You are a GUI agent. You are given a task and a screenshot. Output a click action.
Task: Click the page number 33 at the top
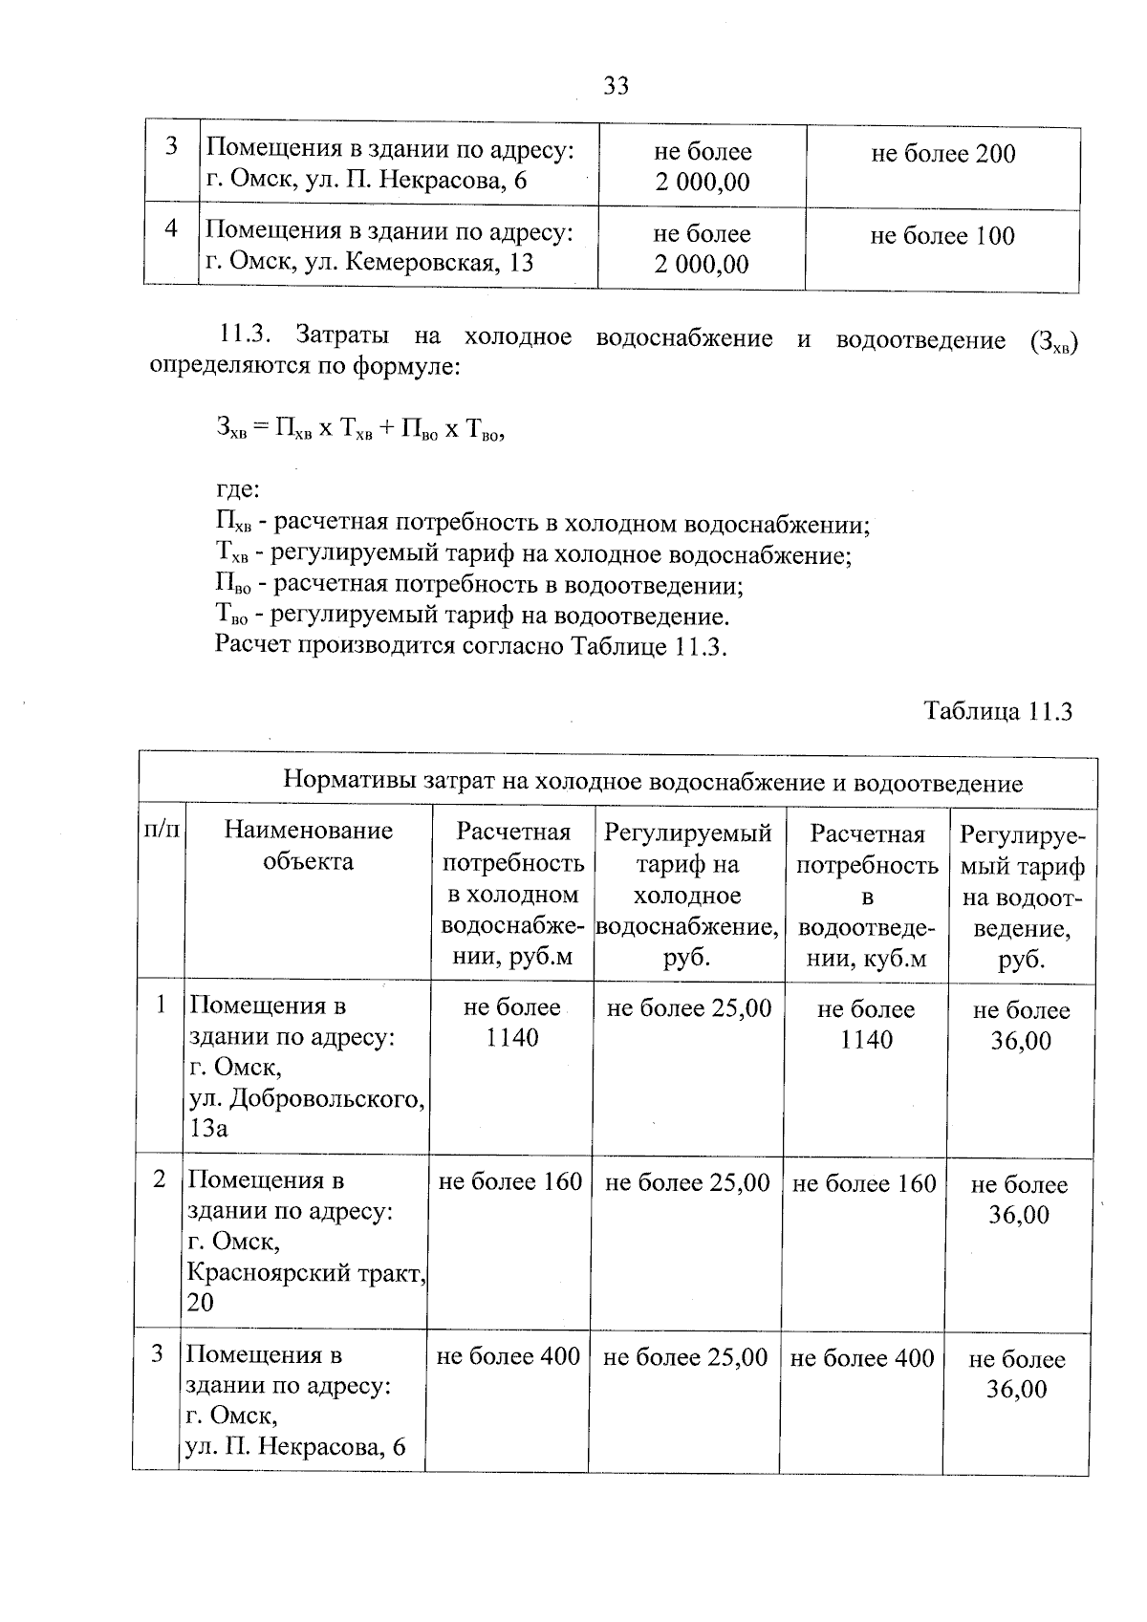tap(617, 86)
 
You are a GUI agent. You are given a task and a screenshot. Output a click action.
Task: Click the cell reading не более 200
tap(942, 154)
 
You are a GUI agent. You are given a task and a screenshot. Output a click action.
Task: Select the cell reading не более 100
tap(941, 236)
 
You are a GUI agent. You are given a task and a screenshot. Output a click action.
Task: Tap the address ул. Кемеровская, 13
tap(370, 263)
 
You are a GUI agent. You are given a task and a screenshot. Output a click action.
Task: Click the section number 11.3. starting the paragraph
tap(247, 336)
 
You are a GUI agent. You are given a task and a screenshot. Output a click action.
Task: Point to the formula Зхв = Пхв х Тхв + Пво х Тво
tap(359, 429)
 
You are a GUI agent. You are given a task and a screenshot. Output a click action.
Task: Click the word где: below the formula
tap(237, 490)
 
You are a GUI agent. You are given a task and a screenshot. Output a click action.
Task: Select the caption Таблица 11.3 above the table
tap(998, 711)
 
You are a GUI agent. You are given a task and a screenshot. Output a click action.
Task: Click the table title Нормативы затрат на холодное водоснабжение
tap(652, 784)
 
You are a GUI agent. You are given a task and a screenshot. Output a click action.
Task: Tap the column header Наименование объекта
tap(308, 846)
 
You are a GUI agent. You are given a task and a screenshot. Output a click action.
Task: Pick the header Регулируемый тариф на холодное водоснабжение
tap(687, 895)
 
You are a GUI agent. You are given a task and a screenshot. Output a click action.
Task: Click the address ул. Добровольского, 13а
tap(306, 1114)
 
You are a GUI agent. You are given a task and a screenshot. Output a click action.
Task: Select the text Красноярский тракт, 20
tap(306, 1287)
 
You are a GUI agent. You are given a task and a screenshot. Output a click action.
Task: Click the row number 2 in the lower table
tap(160, 1179)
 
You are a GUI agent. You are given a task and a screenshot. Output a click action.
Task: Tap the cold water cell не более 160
tap(509, 1182)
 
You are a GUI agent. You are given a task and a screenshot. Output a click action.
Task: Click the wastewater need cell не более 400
tap(861, 1357)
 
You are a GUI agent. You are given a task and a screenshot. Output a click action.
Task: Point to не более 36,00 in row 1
tap(1020, 1026)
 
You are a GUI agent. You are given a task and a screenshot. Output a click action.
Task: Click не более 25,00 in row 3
tap(685, 1357)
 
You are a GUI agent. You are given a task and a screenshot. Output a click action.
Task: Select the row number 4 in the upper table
tap(171, 228)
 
